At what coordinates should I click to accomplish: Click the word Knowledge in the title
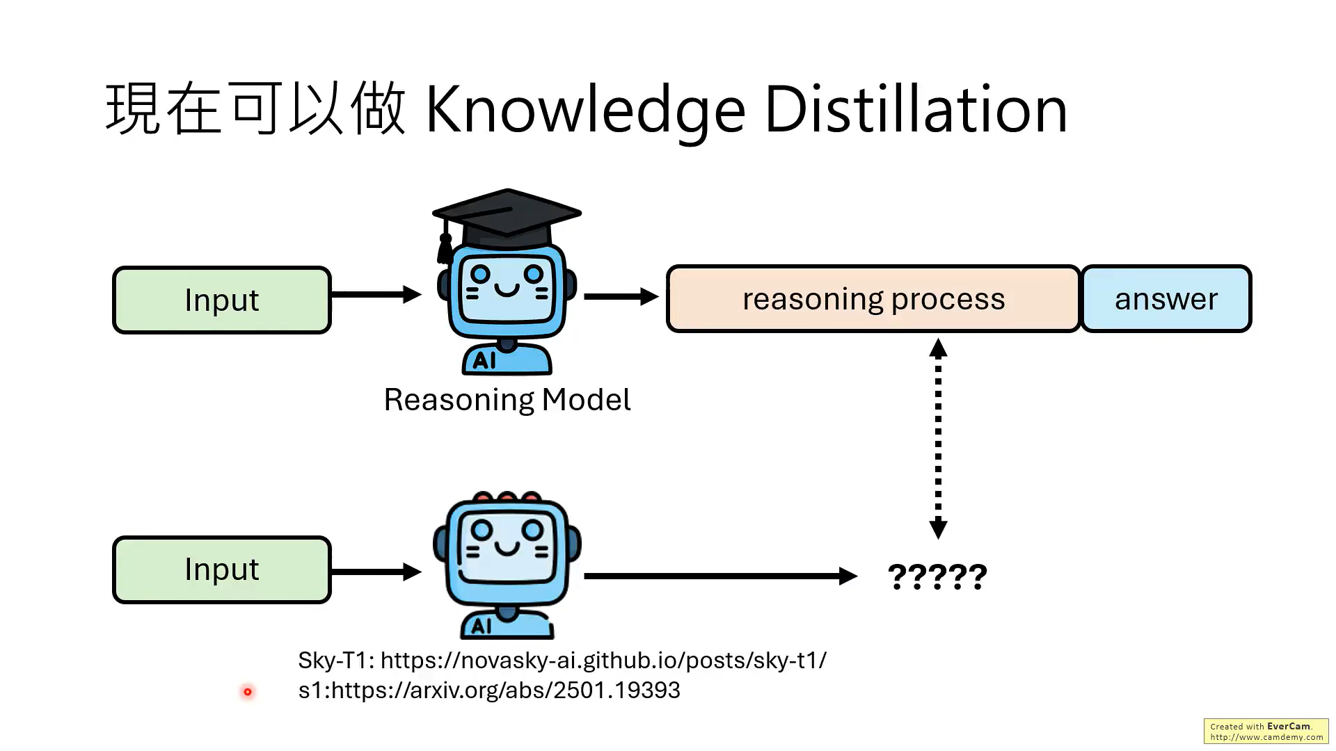click(584, 110)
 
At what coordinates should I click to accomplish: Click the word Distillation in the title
click(916, 110)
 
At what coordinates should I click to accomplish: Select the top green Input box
click(222, 300)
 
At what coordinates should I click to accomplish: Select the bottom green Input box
click(222, 570)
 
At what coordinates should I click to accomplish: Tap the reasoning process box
click(873, 299)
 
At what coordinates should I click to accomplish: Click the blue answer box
click(1166, 299)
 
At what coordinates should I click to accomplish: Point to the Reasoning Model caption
click(507, 400)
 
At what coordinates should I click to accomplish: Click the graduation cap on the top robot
click(507, 216)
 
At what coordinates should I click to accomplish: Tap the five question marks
click(937, 576)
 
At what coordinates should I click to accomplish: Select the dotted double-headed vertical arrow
click(938, 438)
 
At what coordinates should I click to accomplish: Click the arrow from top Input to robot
click(376, 295)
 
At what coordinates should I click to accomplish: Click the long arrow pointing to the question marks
click(720, 576)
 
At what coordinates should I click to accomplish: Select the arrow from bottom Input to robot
click(376, 572)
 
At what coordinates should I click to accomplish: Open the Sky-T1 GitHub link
click(603, 660)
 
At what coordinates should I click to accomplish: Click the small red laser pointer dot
click(248, 692)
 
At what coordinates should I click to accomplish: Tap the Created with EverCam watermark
click(1266, 731)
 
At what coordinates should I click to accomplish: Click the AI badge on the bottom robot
click(482, 627)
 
